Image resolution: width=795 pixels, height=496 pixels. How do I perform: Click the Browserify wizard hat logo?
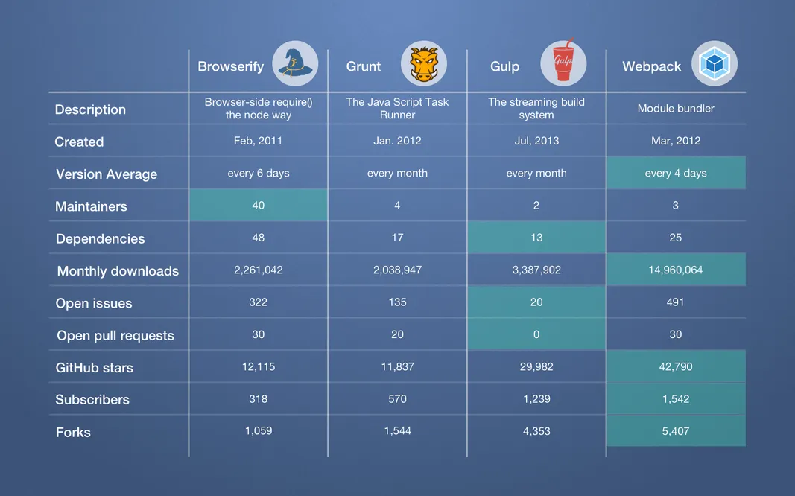coord(295,64)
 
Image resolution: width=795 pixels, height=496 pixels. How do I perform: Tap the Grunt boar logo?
coord(424,64)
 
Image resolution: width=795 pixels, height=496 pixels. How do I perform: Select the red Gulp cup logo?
coord(563,64)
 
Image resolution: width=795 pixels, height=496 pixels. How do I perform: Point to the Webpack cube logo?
coord(715,64)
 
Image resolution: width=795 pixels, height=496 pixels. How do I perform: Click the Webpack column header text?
coord(652,66)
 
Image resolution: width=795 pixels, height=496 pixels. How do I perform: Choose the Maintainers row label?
coord(91,206)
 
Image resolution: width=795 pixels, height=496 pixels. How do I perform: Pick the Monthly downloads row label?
coord(118,271)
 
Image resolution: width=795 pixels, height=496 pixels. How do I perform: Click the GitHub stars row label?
coord(95,368)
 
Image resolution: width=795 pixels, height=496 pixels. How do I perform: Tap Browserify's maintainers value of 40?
coord(258,205)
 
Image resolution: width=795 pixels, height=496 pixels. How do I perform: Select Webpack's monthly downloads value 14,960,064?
coord(676,270)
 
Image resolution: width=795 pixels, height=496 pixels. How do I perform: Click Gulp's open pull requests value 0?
coord(536,334)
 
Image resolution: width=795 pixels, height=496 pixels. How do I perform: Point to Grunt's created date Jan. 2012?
coord(397,141)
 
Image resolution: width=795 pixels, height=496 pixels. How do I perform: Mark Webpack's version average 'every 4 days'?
coord(676,173)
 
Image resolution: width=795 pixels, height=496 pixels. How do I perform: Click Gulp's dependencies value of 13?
coord(536,238)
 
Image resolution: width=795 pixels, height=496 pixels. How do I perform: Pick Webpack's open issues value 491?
coord(676,302)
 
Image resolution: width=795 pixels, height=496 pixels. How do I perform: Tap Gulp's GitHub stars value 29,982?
coord(536,366)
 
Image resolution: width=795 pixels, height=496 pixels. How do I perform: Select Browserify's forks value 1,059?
coord(258,430)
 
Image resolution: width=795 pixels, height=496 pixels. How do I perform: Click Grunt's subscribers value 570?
coord(397,399)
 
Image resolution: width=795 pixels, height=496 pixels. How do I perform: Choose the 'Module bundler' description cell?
coord(676,109)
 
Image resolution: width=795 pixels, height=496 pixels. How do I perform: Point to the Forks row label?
coord(73,432)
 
